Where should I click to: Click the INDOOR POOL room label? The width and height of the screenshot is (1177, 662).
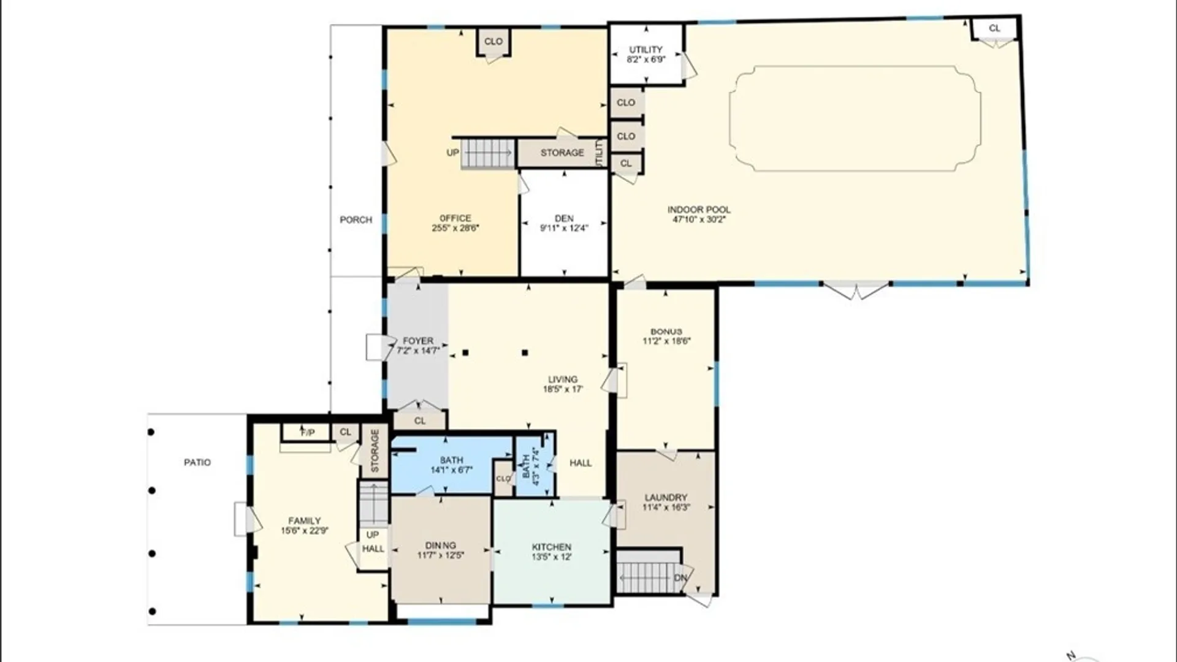(x=699, y=210)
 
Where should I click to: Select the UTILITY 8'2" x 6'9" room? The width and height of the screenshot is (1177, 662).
(x=646, y=54)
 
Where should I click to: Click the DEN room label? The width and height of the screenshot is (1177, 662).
(x=564, y=218)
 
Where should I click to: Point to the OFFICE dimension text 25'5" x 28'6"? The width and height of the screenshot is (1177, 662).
(x=455, y=228)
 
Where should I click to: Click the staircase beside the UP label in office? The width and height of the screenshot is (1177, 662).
(x=487, y=153)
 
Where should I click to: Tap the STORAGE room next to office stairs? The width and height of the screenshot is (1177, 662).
(x=562, y=153)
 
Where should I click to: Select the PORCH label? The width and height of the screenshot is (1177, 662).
(x=356, y=219)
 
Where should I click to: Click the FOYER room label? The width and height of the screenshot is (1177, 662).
(x=418, y=341)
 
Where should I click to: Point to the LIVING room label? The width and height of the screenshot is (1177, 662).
(x=562, y=379)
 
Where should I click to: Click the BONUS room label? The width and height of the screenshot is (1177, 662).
(x=666, y=332)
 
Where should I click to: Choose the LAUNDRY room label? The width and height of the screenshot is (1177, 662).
(x=666, y=498)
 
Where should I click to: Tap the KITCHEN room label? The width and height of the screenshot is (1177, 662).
(x=551, y=547)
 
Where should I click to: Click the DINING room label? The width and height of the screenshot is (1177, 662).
(x=440, y=546)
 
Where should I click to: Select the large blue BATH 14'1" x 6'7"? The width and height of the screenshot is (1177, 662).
(x=451, y=465)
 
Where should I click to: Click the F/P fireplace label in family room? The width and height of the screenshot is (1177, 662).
(x=307, y=433)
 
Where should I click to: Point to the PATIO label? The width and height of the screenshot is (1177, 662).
(x=197, y=462)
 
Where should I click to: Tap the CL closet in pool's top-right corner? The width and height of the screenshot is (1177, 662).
(x=994, y=28)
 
